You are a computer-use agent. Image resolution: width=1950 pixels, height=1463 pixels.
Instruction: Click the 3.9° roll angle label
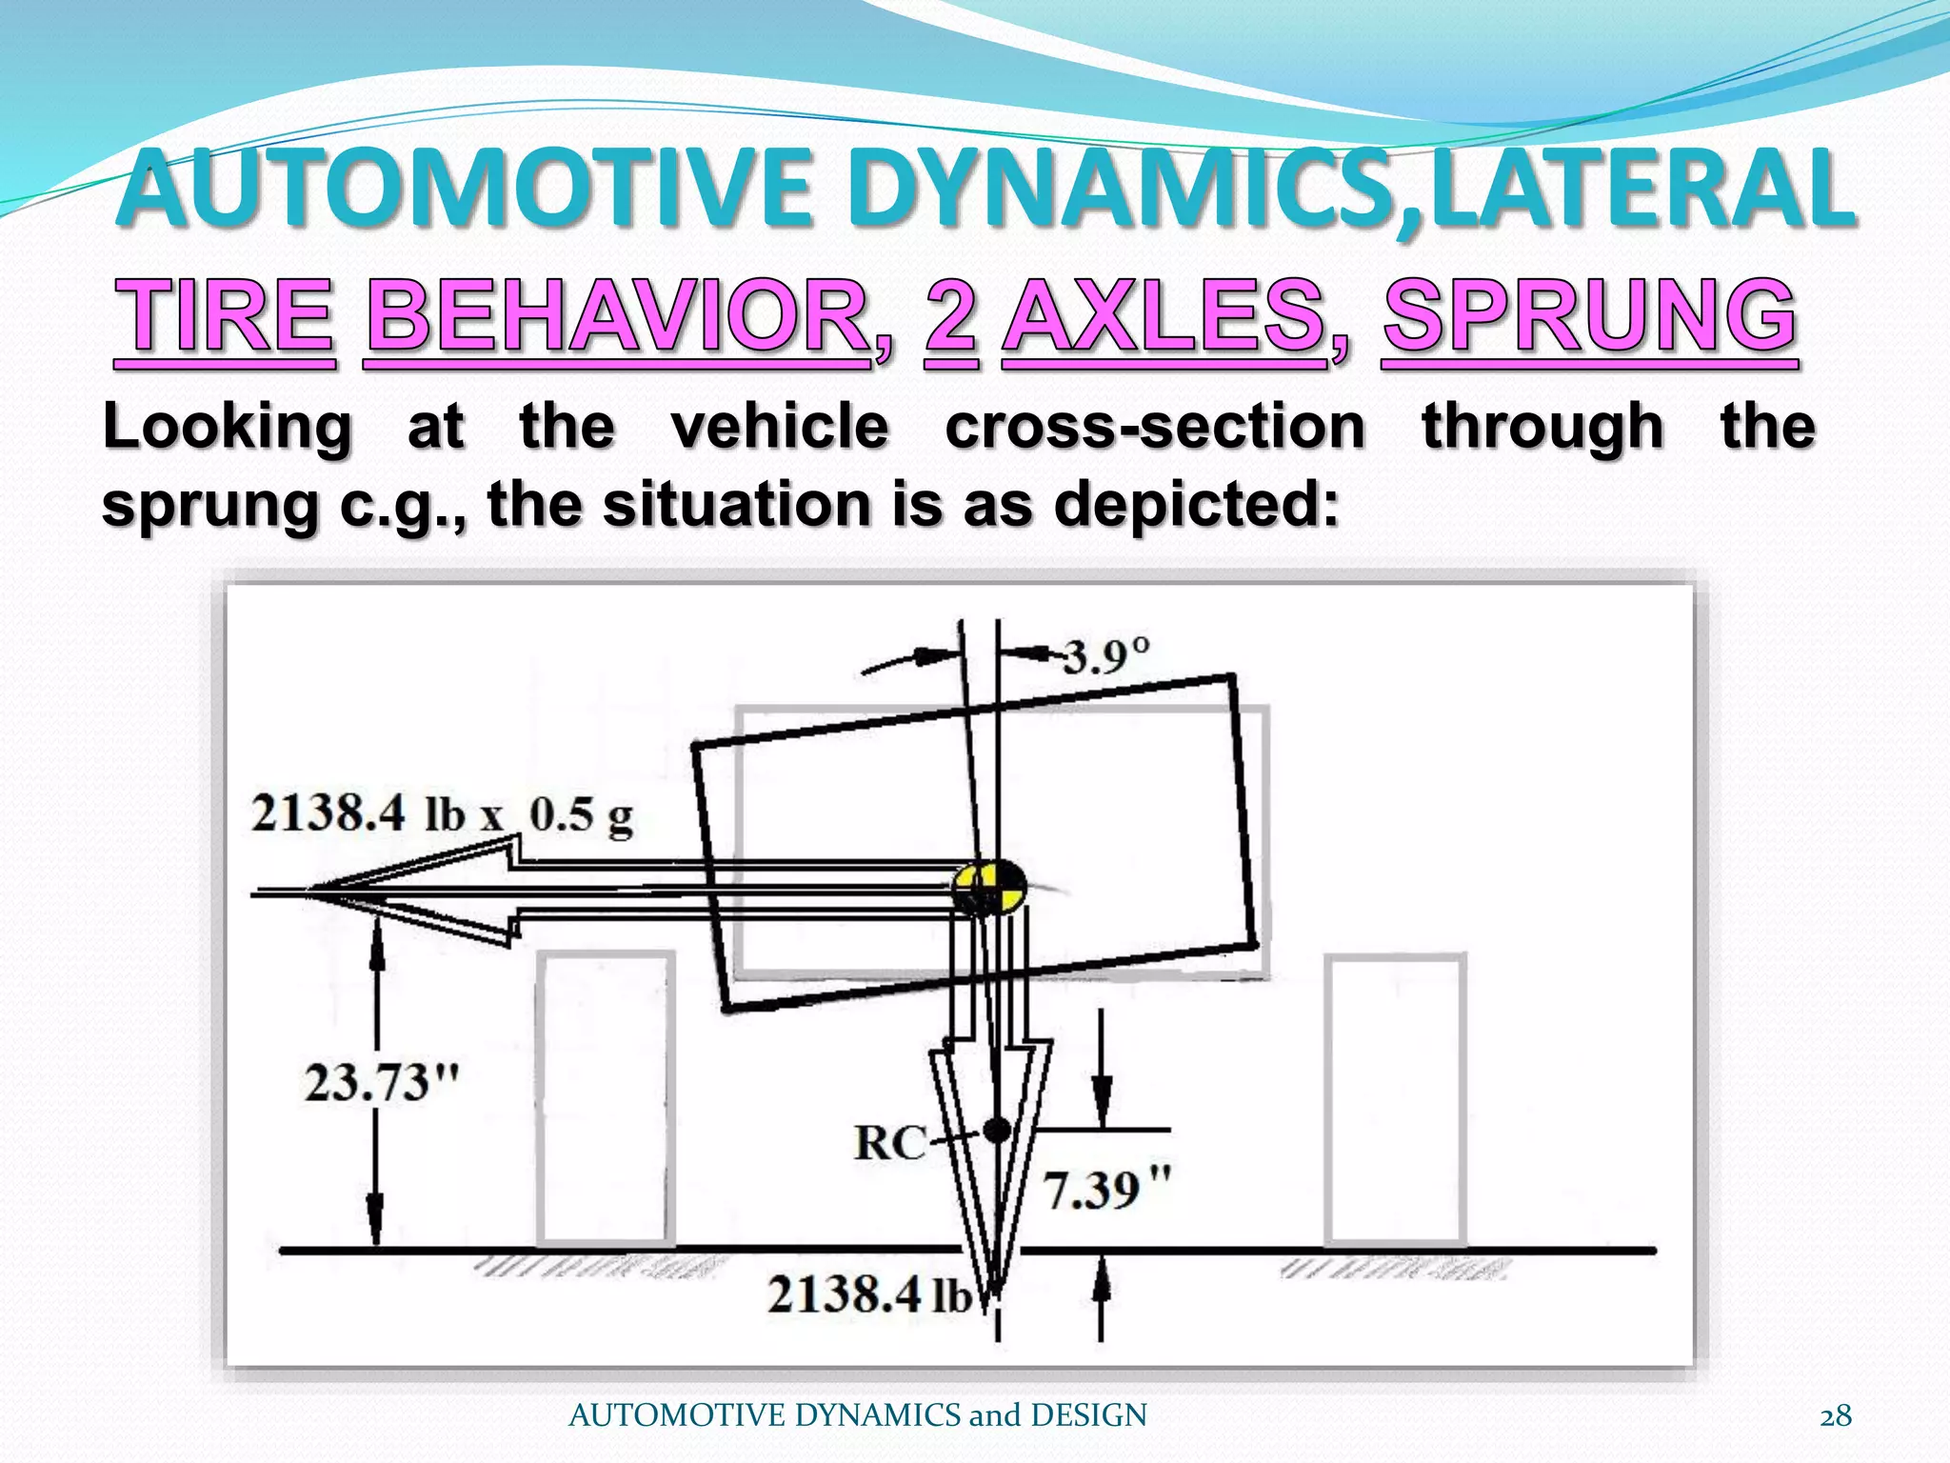tap(1105, 655)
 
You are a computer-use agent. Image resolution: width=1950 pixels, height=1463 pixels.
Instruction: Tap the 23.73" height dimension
tap(382, 1083)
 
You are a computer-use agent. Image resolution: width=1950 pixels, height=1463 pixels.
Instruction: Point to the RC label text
tap(890, 1142)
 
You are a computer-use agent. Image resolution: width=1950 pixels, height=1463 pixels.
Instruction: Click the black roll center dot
tap(997, 1131)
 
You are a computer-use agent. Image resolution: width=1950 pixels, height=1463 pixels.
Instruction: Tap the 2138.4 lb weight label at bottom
tap(869, 1295)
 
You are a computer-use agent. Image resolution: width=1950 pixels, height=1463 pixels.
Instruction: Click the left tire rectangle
tap(606, 1100)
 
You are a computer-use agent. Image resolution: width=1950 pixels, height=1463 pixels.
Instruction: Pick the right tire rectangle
tap(1396, 1101)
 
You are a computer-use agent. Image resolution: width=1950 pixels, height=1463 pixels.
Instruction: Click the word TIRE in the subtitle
tap(225, 315)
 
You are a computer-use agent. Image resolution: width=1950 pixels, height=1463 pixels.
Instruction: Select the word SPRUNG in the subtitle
tap(1589, 315)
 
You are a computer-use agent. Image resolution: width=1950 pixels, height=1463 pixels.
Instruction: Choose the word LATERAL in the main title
tap(1640, 190)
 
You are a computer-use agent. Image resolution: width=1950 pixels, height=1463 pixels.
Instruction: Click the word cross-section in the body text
tap(1155, 426)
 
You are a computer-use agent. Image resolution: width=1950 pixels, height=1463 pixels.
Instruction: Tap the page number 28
tap(1836, 1416)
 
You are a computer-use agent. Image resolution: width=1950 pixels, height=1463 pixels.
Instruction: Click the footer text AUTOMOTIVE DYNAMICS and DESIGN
tap(857, 1416)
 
